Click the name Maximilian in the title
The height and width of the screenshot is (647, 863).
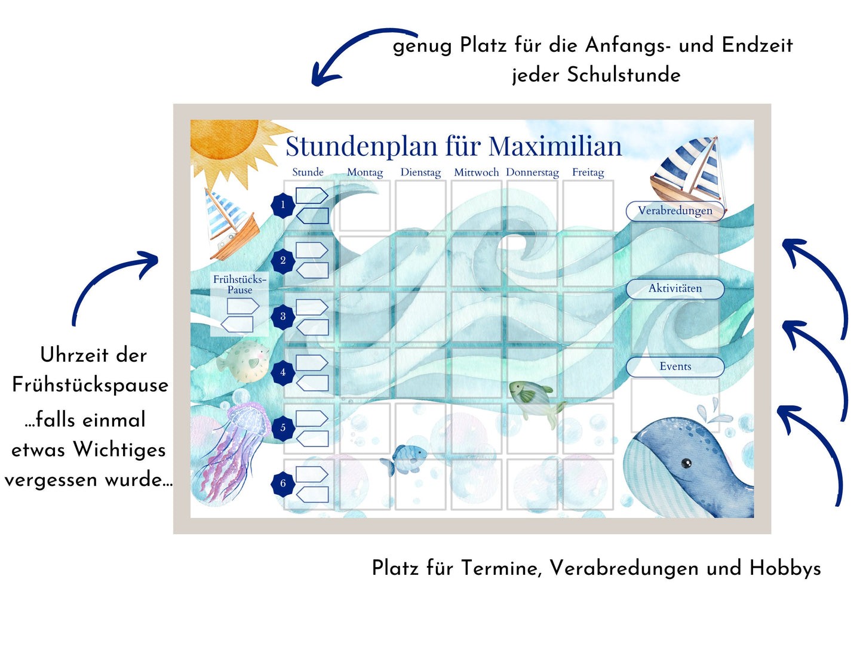click(555, 146)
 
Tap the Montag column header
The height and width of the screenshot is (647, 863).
click(364, 172)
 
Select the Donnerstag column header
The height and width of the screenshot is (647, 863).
click(532, 172)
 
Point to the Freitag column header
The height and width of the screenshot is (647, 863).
click(588, 172)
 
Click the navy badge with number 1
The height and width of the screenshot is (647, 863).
click(282, 205)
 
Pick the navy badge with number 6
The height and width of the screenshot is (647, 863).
click(282, 483)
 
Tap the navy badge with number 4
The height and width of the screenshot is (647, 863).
click(282, 372)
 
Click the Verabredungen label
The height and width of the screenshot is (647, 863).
click(675, 211)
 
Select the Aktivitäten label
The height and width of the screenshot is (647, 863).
click(675, 288)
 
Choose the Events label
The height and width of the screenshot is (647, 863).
click(675, 366)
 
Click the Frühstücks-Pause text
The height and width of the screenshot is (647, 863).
click(239, 285)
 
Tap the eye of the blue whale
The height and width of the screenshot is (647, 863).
click(686, 464)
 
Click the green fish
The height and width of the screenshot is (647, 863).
click(536, 402)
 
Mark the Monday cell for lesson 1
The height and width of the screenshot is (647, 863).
click(364, 205)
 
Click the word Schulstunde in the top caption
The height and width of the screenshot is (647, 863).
click(624, 75)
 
